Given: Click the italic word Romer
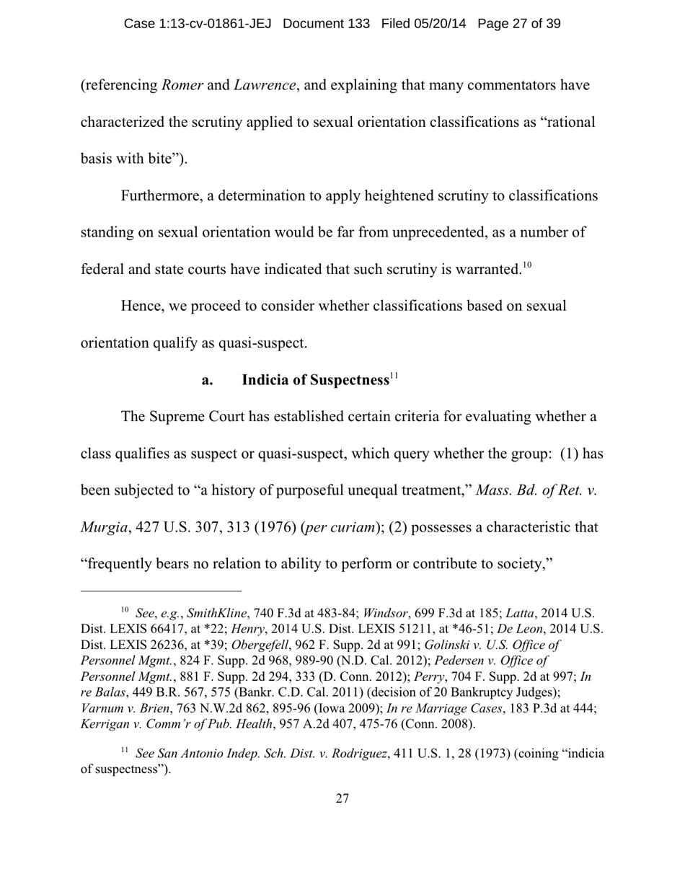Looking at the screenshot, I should tap(182, 85).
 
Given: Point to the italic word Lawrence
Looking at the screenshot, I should tap(264, 85).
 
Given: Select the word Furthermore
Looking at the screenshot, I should tap(162, 195).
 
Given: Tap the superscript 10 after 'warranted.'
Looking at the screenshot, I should tap(527, 265).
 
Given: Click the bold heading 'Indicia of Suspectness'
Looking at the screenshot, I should tap(315, 380).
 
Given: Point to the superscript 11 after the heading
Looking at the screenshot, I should tap(394, 376).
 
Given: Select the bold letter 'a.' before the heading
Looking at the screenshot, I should tap(208, 380).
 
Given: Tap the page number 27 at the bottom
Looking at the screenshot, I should tap(342, 798).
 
